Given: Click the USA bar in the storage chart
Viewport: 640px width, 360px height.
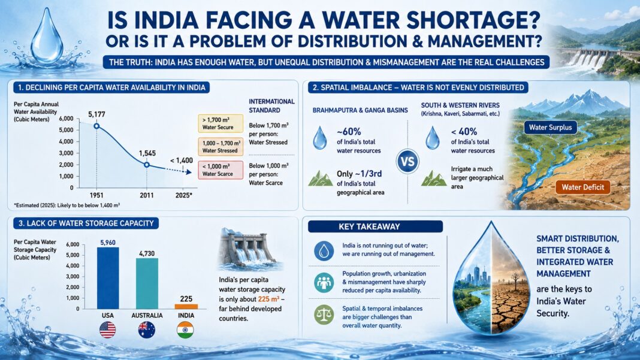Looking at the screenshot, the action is [x=108, y=278].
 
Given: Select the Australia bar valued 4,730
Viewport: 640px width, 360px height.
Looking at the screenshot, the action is [x=147, y=283].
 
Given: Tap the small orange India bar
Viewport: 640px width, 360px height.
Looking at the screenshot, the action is [x=186, y=307].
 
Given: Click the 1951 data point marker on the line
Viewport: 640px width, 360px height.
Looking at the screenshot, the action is [x=96, y=126].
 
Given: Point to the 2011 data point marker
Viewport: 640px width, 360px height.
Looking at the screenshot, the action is [x=147, y=165].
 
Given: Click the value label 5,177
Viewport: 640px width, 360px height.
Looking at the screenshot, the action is [x=96, y=114].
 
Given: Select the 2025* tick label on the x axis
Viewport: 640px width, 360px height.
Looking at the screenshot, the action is [x=184, y=195].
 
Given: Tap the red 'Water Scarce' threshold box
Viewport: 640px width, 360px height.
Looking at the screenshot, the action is [x=221, y=170].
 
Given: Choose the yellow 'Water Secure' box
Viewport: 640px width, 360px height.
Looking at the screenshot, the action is [x=221, y=123].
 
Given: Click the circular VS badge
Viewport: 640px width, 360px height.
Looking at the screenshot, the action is [x=407, y=161].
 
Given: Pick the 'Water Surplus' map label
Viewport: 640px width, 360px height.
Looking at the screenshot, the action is [x=550, y=128].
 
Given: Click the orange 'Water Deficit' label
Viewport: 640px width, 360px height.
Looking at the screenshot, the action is [x=583, y=187].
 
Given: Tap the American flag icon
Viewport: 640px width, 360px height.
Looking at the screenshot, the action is [x=108, y=330].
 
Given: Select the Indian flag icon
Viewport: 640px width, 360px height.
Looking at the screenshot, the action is [x=185, y=330].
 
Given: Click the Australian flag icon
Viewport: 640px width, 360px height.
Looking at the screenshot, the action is [x=147, y=330].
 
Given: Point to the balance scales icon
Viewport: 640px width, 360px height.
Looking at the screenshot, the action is [x=324, y=315].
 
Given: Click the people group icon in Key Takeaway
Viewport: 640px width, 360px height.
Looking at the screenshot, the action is [x=324, y=283].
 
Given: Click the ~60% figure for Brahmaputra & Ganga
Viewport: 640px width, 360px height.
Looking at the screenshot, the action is [x=349, y=132].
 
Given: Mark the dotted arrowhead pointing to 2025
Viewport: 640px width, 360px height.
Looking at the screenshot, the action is [x=189, y=173].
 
